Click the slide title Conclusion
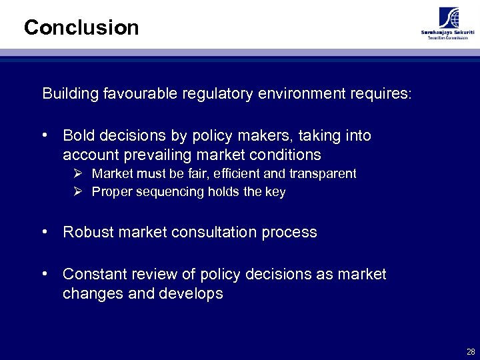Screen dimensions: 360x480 (x=81, y=27)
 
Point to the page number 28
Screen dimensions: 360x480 (x=471, y=351)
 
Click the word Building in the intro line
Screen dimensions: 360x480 (x=70, y=93)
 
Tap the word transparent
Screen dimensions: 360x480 (x=321, y=174)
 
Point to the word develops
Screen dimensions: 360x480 (x=193, y=294)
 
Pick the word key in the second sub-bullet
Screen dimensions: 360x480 (x=275, y=192)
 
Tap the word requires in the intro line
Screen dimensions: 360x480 (x=383, y=93)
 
